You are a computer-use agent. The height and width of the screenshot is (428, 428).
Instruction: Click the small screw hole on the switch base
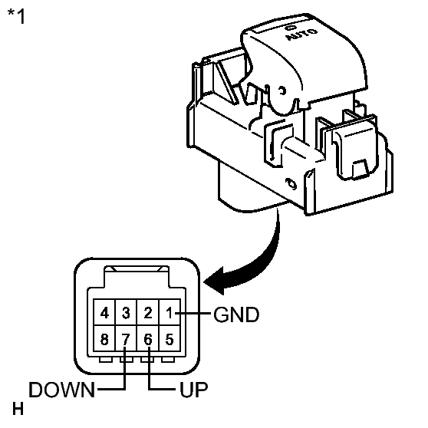291,184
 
